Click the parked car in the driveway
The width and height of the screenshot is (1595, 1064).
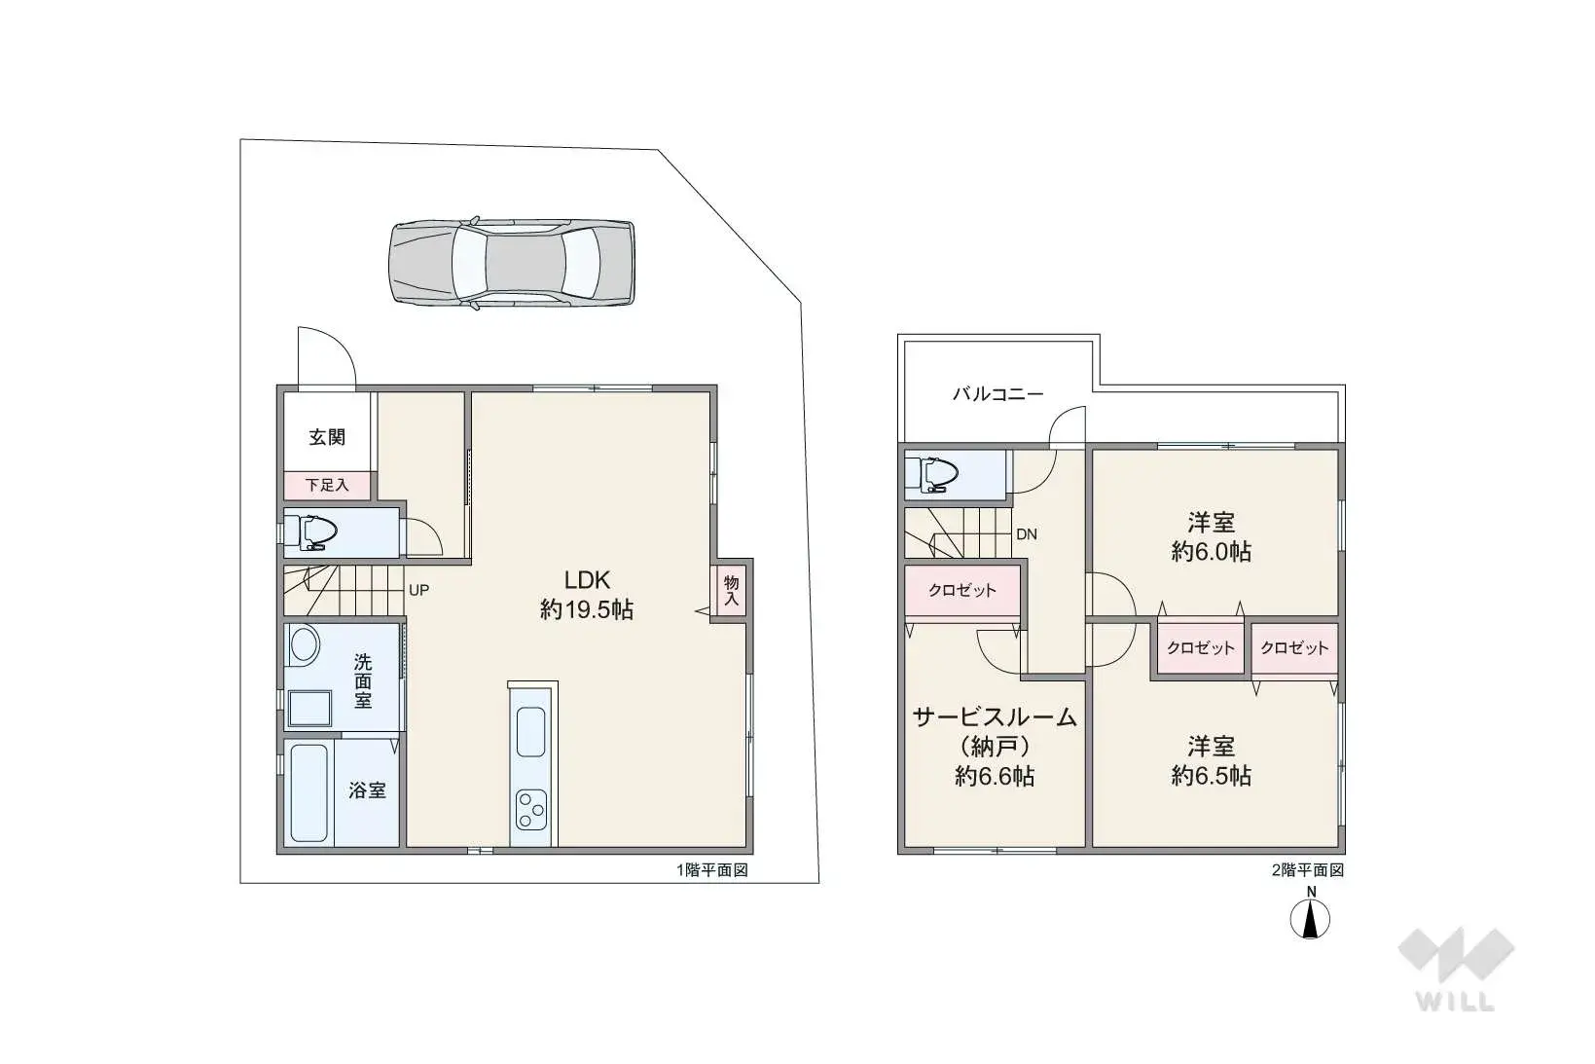(x=511, y=263)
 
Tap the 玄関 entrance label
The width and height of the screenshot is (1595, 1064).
(x=327, y=436)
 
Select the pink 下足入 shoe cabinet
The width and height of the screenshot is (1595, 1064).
(x=328, y=486)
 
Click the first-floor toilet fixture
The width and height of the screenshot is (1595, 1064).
(x=310, y=532)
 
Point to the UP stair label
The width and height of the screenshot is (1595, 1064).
(x=418, y=590)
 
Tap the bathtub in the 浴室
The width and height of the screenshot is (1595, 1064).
(x=309, y=793)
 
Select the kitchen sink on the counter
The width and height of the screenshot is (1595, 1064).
(x=530, y=732)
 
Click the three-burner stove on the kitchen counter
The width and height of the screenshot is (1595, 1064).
(x=531, y=810)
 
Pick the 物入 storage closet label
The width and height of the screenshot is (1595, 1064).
(x=731, y=591)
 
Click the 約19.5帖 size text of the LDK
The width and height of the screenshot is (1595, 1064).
(x=587, y=609)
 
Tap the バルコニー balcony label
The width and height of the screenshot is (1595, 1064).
(x=998, y=394)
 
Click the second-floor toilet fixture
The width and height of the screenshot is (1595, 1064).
(x=932, y=474)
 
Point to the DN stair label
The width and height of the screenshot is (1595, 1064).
(x=1027, y=534)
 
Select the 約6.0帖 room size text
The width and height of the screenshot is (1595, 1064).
(x=1212, y=552)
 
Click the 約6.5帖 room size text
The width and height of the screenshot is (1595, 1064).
(x=1212, y=776)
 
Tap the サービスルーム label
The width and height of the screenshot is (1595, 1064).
(x=995, y=717)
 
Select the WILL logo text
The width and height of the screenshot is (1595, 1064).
(x=1456, y=1002)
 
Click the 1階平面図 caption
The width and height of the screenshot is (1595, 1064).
(x=712, y=869)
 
